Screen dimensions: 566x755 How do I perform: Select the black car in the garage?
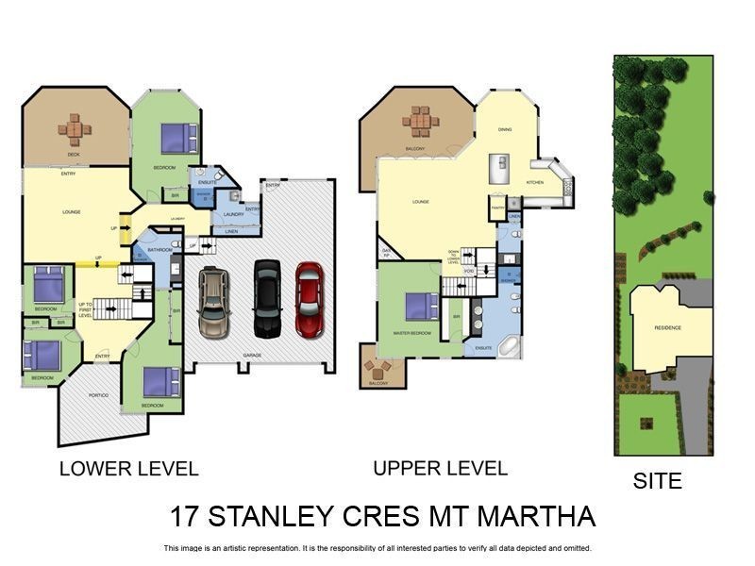click(x=267, y=297)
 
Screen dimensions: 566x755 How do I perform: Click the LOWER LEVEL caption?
click(x=128, y=469)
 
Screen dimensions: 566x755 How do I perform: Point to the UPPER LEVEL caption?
click(x=440, y=468)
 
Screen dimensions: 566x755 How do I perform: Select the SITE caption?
click(x=657, y=481)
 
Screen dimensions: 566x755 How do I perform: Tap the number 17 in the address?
click(x=186, y=517)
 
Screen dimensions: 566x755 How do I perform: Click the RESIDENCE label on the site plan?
click(x=668, y=327)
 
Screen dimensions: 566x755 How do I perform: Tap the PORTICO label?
click(x=98, y=394)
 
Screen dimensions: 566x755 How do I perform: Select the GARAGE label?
click(x=252, y=356)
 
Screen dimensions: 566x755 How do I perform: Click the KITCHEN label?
click(x=534, y=182)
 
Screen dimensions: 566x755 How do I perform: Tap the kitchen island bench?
click(x=499, y=170)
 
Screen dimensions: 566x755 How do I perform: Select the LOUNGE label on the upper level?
click(x=421, y=202)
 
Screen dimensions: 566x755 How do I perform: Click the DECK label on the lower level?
click(x=73, y=155)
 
